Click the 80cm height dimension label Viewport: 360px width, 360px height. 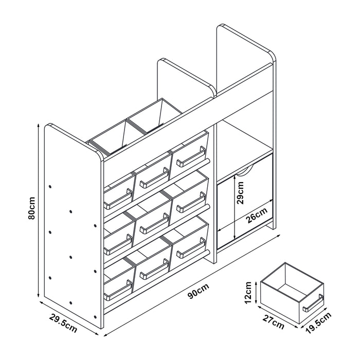tap(32, 208)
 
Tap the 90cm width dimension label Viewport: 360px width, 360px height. tap(199, 291)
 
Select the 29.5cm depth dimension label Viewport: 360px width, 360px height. tap(63, 323)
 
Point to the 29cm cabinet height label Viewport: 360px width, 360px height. tap(240, 193)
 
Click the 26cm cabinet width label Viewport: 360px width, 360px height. tap(257, 215)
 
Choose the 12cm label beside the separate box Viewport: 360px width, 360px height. tap(248, 293)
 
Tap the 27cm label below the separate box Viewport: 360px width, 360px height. tap(274, 322)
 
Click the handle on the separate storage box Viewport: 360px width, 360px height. tap(313, 302)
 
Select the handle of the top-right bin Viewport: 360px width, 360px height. tap(191, 156)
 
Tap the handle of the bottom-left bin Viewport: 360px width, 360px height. tap(118, 290)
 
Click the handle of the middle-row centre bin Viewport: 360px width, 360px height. tap(154, 223)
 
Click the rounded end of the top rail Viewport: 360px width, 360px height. tap(208, 160)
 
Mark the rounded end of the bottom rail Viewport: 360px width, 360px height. tap(208, 252)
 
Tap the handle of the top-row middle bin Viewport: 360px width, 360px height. tap(154, 178)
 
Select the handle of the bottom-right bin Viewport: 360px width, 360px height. tap(191, 248)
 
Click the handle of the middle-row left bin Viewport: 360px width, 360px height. tap(118, 244)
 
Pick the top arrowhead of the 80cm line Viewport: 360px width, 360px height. tap(39, 125)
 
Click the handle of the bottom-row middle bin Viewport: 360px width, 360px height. tap(154, 269)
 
